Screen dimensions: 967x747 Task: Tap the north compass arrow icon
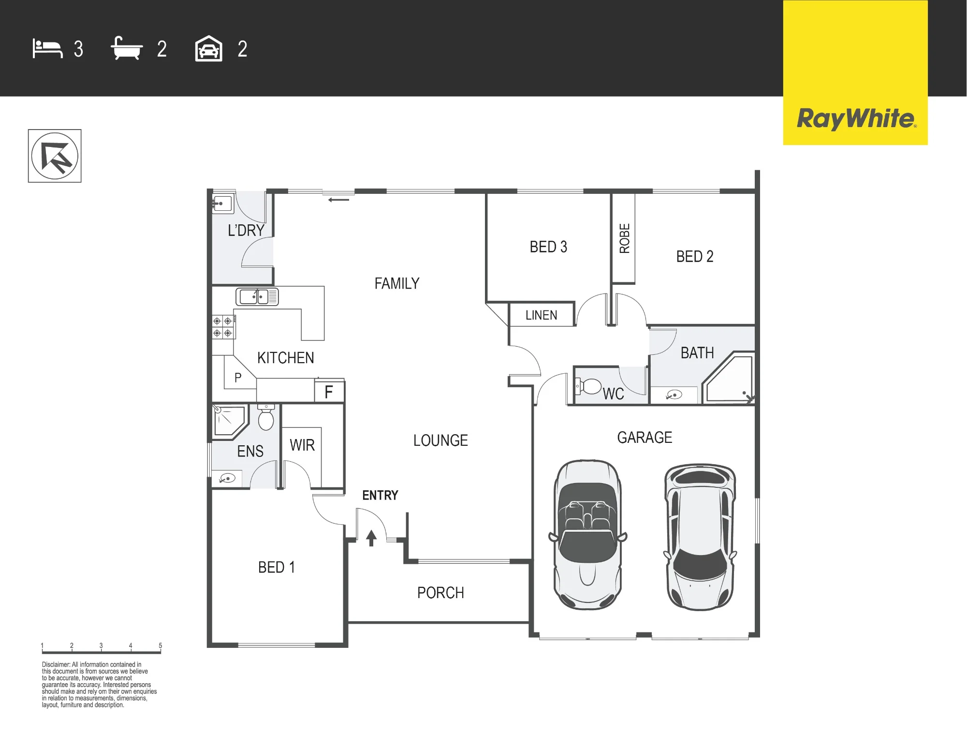[x=55, y=156]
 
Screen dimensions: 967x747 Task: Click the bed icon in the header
[x=47, y=49]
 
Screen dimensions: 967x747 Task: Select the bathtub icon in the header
[x=127, y=48]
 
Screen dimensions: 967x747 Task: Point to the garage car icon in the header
[x=208, y=48]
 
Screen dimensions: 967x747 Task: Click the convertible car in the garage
[x=587, y=534]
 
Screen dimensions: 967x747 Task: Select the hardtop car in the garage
[x=700, y=537]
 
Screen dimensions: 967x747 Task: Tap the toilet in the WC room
[x=588, y=386]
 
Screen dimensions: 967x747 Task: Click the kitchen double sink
[x=257, y=296]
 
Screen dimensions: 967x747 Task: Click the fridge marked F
[x=329, y=391]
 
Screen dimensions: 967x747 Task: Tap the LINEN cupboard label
[x=542, y=315]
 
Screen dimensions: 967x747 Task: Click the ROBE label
[x=624, y=238]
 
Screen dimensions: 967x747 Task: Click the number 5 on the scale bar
[x=161, y=645]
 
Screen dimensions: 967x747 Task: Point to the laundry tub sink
[x=222, y=204]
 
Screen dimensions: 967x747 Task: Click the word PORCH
[x=440, y=593]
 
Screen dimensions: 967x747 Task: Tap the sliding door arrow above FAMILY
[x=338, y=200]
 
